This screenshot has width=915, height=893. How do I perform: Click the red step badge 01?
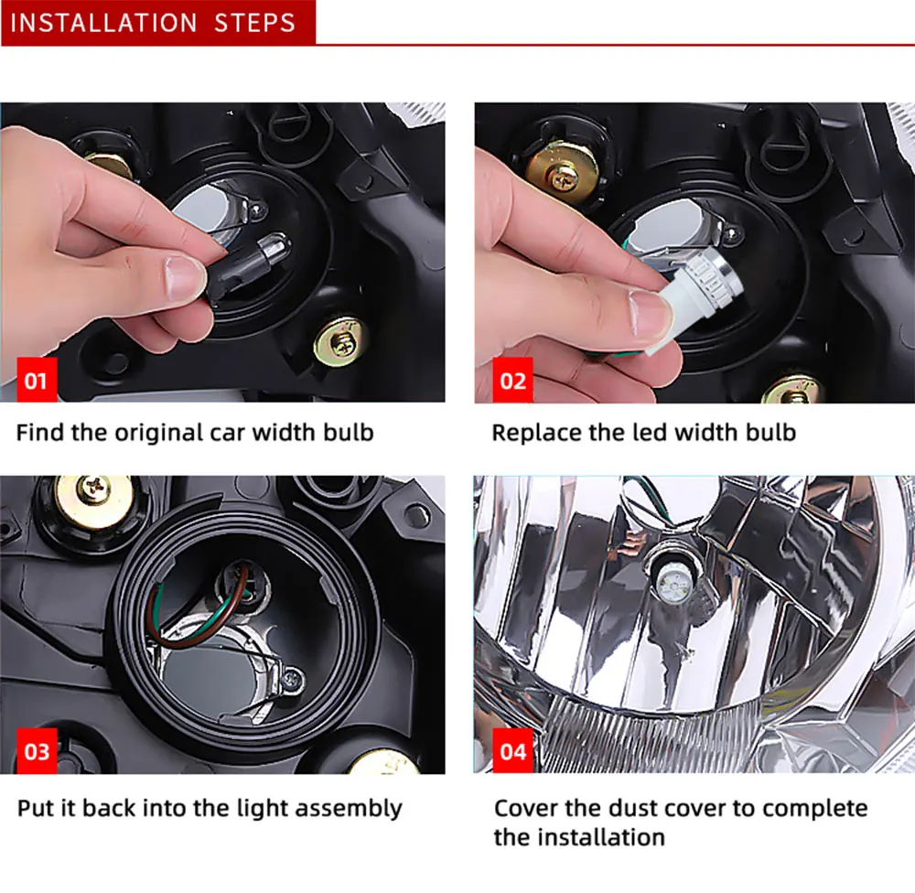[38, 380]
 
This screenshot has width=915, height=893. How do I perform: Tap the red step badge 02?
[513, 380]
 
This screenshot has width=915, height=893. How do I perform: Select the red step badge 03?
[38, 751]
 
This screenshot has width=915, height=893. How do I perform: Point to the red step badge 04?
[513, 751]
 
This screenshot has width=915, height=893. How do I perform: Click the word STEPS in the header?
[254, 24]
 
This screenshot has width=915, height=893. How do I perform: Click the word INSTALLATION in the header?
[104, 24]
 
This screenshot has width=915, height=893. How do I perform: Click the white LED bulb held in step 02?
[694, 301]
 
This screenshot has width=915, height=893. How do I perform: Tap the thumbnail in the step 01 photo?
[186, 278]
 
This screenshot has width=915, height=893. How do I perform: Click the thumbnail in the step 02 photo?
[651, 315]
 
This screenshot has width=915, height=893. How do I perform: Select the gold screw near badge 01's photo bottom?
[341, 343]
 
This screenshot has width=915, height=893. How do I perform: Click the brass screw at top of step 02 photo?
[563, 176]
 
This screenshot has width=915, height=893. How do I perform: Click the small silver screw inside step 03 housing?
[292, 679]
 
